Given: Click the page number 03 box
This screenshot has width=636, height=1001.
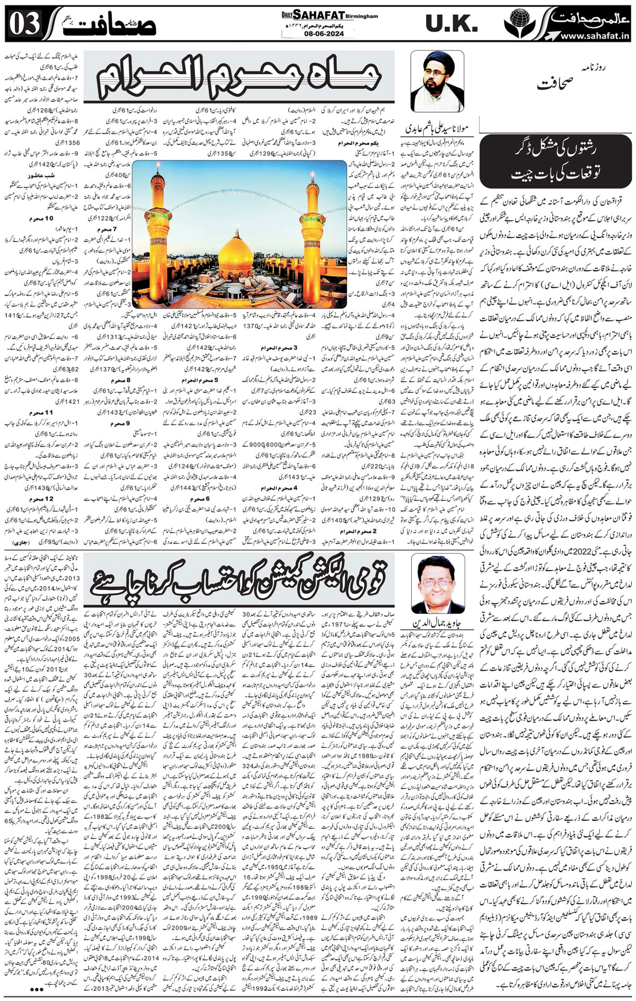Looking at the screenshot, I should [22, 24].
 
